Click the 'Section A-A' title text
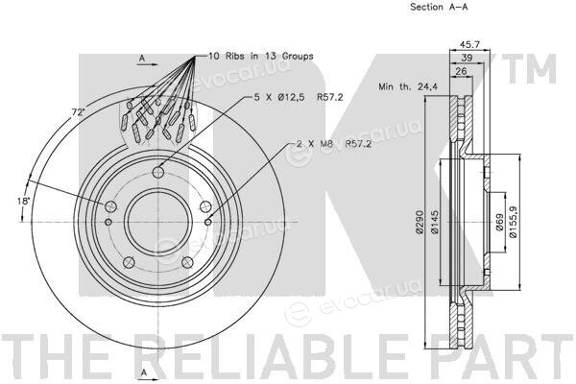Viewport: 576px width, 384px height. (x=439, y=7)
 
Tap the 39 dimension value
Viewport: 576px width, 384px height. (x=467, y=58)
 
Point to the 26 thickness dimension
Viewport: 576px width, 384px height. (x=461, y=71)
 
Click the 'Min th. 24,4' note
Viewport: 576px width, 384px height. (x=408, y=86)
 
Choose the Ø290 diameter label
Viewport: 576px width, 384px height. (x=420, y=222)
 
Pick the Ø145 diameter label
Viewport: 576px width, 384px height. (x=434, y=222)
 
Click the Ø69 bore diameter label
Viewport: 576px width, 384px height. (x=499, y=223)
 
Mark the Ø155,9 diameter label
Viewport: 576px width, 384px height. (x=514, y=222)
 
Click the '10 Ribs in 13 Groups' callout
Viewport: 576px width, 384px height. (x=261, y=57)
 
